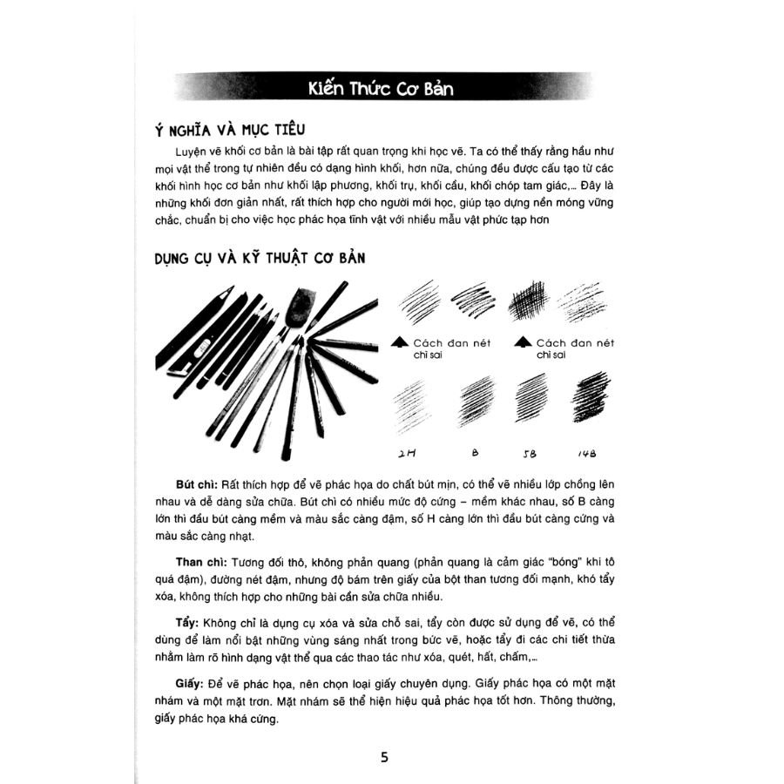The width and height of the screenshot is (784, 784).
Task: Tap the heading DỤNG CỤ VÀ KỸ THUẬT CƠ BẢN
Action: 259,259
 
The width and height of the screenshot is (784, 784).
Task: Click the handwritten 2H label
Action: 406,454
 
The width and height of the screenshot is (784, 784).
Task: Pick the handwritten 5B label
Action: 530,454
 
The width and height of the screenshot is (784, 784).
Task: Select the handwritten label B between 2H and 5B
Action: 474,453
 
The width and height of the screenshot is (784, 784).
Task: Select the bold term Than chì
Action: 197,563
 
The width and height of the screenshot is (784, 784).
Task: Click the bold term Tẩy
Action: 185,624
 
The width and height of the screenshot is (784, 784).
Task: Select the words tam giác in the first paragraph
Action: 543,185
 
